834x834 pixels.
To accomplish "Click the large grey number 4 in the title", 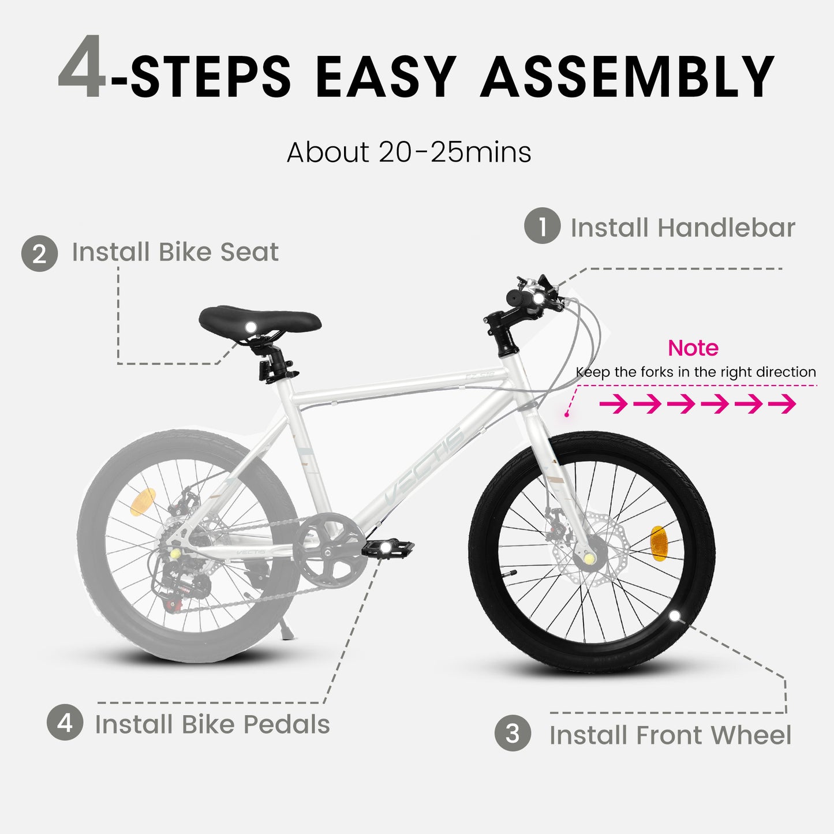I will click(x=82, y=68).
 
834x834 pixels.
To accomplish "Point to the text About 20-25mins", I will click(x=409, y=152).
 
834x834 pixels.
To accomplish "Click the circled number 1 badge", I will click(x=542, y=226).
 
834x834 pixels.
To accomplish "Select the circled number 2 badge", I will click(x=39, y=253).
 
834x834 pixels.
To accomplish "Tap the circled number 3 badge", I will click(x=513, y=734).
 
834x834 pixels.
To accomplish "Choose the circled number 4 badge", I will click(x=65, y=722).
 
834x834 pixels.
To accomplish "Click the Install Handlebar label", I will click(x=682, y=227).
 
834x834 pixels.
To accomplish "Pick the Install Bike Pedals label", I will click(x=212, y=724).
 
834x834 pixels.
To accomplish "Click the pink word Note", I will click(x=693, y=348).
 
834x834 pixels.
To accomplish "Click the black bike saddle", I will click(x=260, y=319).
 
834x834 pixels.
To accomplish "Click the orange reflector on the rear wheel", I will click(x=143, y=502).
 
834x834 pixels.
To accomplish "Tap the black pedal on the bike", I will click(x=388, y=547).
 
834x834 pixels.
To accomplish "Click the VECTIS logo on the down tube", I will click(x=424, y=465).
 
